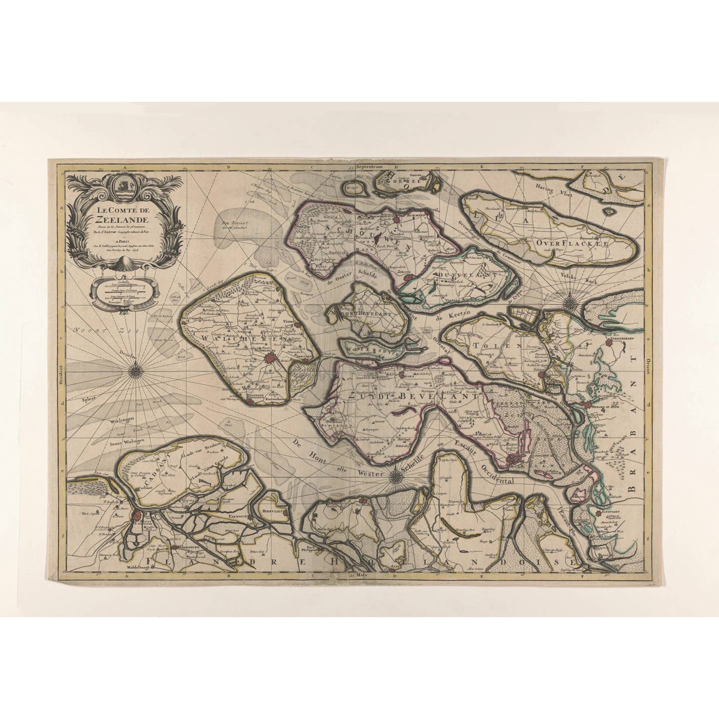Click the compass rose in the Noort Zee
(135, 370)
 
